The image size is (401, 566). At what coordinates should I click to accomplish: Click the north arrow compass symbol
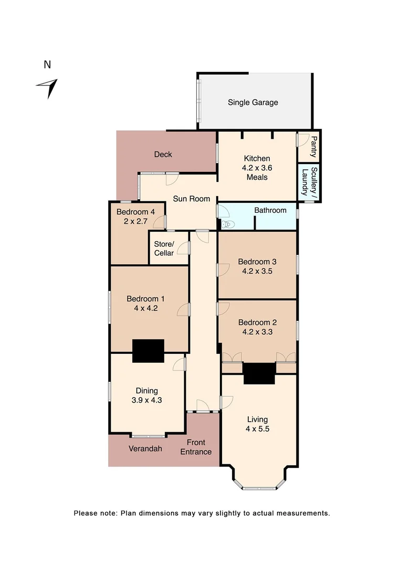[x=48, y=88]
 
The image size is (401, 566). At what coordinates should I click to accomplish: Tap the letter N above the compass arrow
[x=47, y=65]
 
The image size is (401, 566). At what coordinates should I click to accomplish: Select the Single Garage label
[x=252, y=102]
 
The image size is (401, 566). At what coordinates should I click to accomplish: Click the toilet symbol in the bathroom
[x=227, y=224]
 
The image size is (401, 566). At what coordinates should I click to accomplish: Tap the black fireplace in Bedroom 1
[x=148, y=351]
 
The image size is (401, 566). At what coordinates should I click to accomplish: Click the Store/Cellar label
[x=163, y=249]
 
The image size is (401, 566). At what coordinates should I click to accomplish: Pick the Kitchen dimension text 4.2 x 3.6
[x=257, y=168]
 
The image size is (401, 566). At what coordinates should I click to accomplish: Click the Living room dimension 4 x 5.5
[x=257, y=429]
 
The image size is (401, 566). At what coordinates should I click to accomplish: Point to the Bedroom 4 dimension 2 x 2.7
[x=135, y=221]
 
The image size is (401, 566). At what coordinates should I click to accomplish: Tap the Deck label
[x=163, y=154]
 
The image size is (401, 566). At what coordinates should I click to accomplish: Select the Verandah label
[x=145, y=449]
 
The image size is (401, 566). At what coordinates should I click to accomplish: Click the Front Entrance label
[x=196, y=447]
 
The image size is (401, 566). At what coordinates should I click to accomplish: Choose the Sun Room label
[x=192, y=199]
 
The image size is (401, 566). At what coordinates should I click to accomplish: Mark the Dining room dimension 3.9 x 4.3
[x=146, y=400]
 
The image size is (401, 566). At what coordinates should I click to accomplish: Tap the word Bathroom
[x=270, y=210]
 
